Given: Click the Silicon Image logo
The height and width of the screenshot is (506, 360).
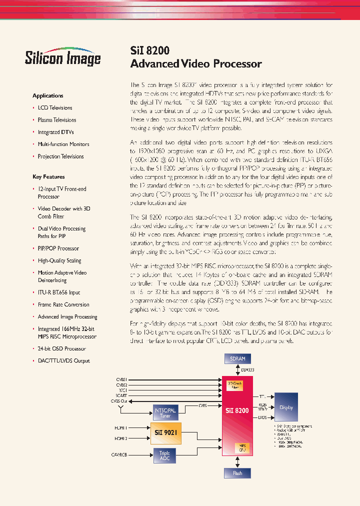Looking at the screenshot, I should [63, 57].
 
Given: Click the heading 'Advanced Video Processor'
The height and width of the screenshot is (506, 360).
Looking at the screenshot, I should [195, 63].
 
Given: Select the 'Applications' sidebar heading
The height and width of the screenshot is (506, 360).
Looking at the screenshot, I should [48, 95].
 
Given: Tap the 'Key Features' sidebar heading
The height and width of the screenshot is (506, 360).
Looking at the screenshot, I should [48, 176].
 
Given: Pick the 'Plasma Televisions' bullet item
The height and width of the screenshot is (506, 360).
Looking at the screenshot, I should [57, 120].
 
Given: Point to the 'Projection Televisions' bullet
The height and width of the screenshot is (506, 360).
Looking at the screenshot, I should [60, 156].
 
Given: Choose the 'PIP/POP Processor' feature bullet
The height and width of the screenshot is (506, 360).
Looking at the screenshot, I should [58, 248].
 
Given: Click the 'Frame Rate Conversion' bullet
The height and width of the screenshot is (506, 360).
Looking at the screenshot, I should [63, 304].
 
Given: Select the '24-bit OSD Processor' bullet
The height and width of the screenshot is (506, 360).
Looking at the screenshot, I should [61, 348].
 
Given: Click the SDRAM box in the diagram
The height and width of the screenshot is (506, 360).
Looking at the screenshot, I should [237, 358].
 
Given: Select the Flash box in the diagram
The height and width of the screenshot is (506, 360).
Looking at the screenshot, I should [237, 473].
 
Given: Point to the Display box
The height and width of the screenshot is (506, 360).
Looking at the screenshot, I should [286, 407].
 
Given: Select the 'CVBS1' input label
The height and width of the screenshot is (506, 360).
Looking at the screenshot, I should [121, 380].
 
